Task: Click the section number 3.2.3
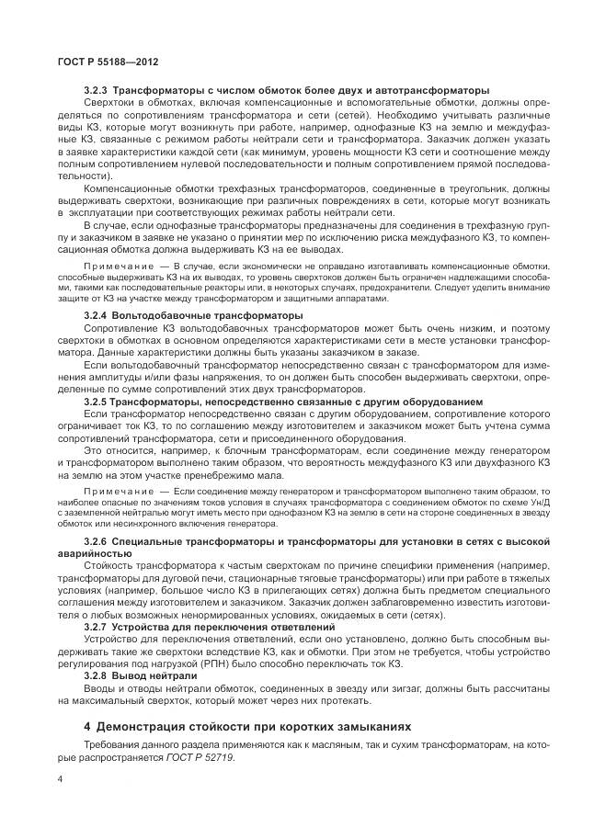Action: click(97, 91)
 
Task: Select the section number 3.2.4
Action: click(97, 315)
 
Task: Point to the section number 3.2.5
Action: click(97, 402)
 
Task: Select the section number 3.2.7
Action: click(97, 627)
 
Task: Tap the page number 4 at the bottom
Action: click(60, 779)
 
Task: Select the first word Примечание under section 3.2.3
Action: click(116, 265)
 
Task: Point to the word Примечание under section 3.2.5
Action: click(116, 492)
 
